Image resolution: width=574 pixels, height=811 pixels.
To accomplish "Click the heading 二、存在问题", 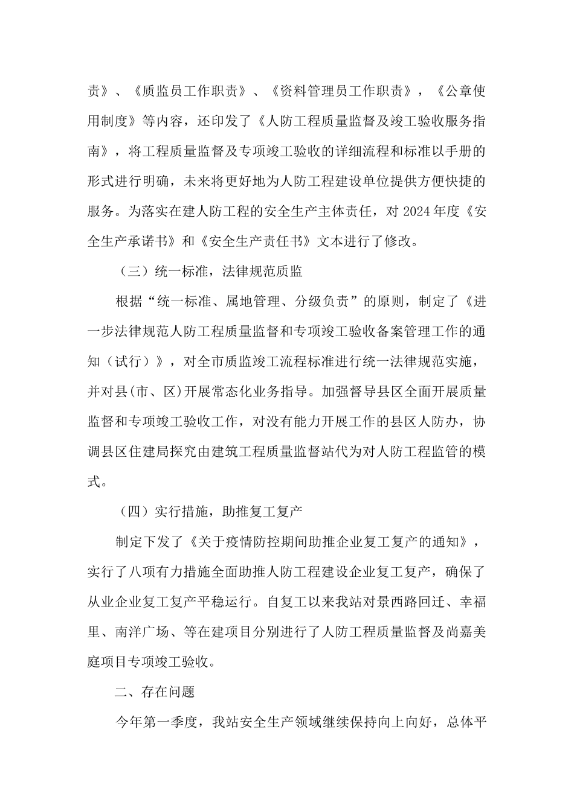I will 155,692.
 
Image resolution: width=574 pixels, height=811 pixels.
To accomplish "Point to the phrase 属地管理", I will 254,301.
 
